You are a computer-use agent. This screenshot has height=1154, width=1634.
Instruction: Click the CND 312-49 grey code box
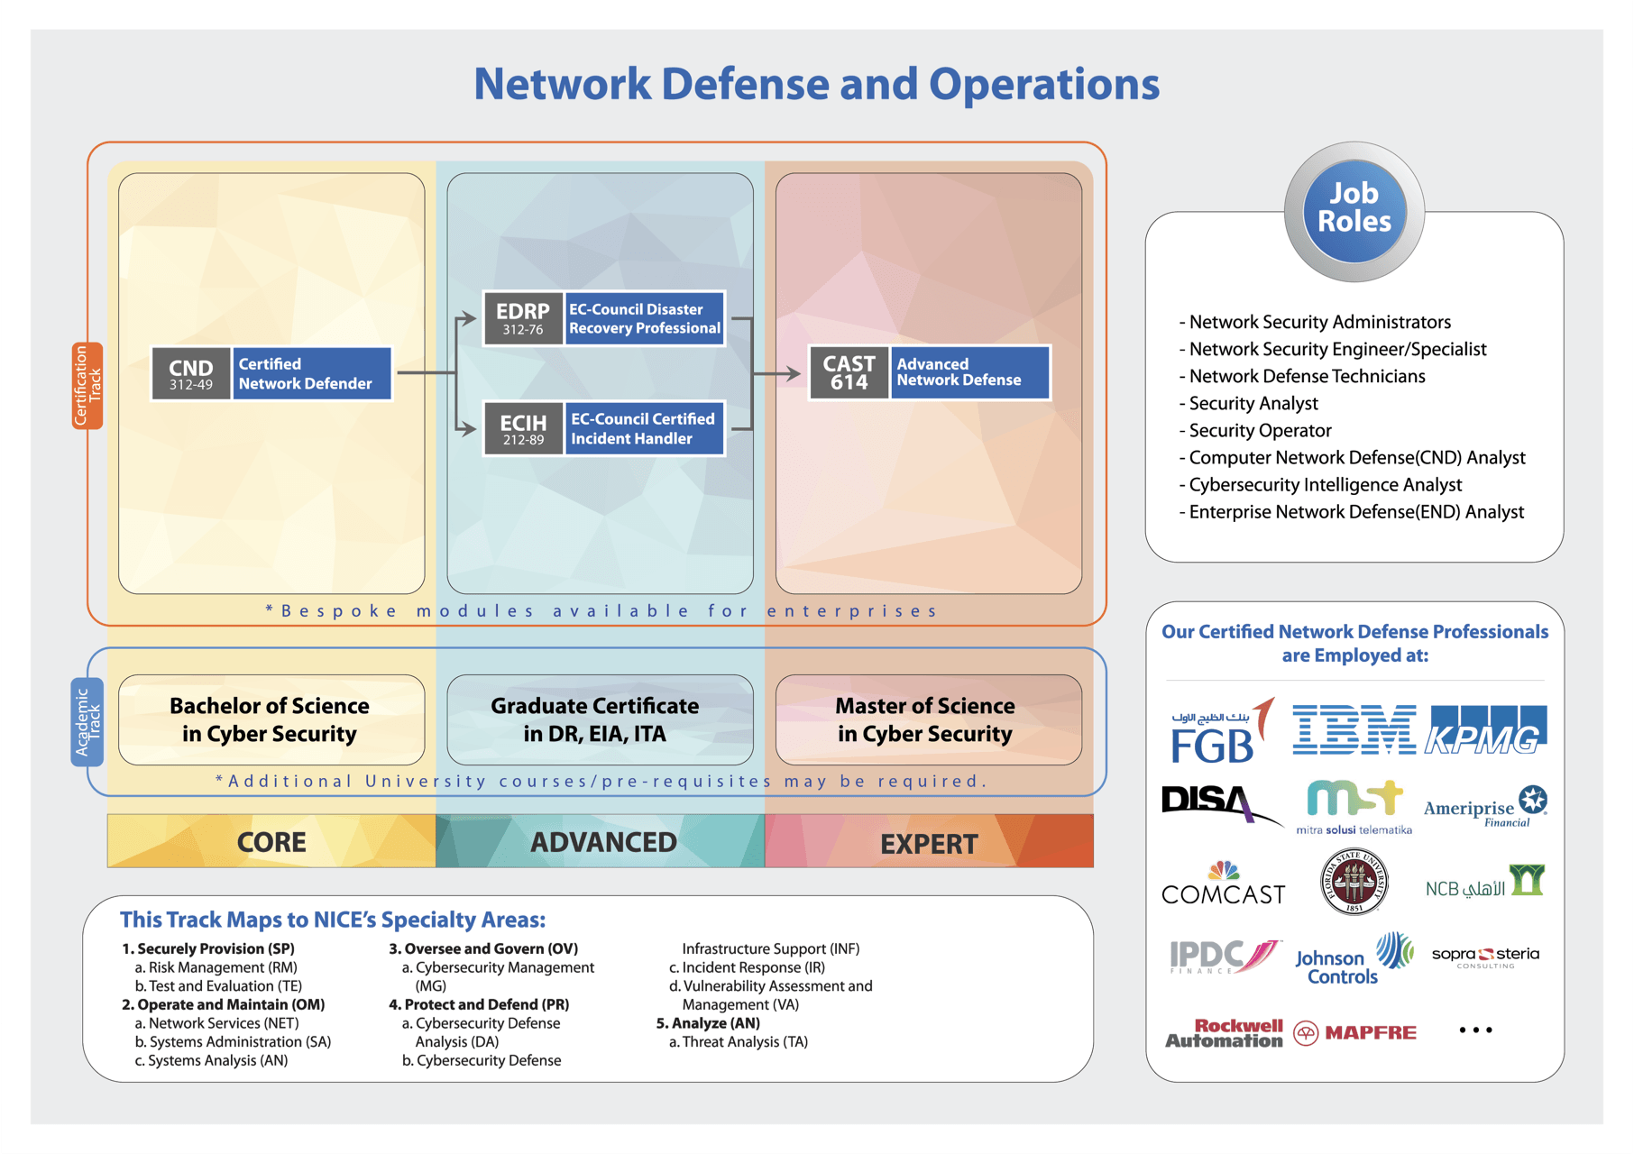(191, 373)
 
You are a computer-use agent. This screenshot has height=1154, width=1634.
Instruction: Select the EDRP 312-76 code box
(523, 318)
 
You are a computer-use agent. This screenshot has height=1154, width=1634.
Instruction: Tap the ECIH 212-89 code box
(523, 428)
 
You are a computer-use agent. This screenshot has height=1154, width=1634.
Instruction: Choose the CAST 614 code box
(849, 372)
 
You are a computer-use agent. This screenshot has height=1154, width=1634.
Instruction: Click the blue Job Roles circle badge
(1354, 210)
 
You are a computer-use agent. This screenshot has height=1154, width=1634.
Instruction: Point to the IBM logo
(1354, 729)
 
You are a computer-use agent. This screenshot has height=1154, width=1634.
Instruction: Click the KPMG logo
(1485, 729)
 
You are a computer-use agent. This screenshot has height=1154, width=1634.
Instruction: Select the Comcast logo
(1223, 884)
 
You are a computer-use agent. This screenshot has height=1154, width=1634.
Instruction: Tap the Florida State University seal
(1354, 882)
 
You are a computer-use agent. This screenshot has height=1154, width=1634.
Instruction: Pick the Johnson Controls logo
(1354, 959)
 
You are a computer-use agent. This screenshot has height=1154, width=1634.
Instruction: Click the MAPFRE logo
(1354, 1032)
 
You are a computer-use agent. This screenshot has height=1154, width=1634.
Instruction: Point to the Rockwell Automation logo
(1224, 1033)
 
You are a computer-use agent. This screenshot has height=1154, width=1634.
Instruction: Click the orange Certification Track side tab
(87, 386)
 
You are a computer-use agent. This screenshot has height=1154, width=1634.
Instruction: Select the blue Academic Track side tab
(87, 722)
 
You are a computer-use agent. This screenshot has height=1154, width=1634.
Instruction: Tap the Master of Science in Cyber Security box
(928, 719)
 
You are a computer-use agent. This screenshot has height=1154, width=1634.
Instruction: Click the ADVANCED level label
(603, 842)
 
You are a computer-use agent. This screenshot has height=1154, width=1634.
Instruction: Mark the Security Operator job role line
(1255, 431)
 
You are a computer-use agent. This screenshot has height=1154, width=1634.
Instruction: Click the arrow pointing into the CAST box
(777, 373)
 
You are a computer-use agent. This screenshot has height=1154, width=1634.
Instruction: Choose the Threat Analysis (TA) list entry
(739, 1042)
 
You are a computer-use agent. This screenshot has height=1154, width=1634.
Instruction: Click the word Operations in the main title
(1044, 84)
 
